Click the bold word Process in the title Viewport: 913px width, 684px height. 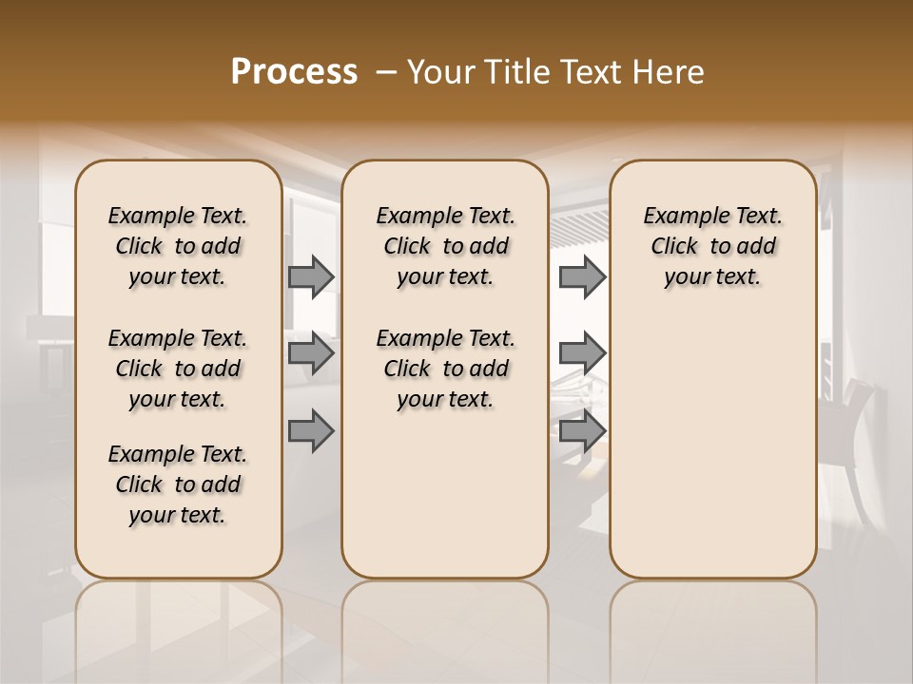(294, 72)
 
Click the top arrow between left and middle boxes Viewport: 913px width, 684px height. (311, 277)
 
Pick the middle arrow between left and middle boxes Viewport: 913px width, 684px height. (311, 354)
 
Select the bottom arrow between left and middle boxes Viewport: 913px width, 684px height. (311, 432)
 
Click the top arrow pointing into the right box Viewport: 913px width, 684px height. (582, 277)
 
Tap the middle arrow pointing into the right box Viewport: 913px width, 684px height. (582, 354)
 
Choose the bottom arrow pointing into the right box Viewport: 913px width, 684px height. (582, 432)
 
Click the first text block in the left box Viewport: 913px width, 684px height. (178, 246)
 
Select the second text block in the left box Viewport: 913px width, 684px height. (178, 369)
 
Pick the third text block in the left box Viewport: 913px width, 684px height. (178, 484)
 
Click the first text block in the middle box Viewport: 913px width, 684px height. (445, 246)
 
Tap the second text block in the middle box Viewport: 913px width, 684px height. (445, 369)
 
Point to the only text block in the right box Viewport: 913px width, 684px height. (712, 246)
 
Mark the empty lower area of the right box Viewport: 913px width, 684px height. (712, 446)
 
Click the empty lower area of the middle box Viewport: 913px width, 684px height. (445, 494)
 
